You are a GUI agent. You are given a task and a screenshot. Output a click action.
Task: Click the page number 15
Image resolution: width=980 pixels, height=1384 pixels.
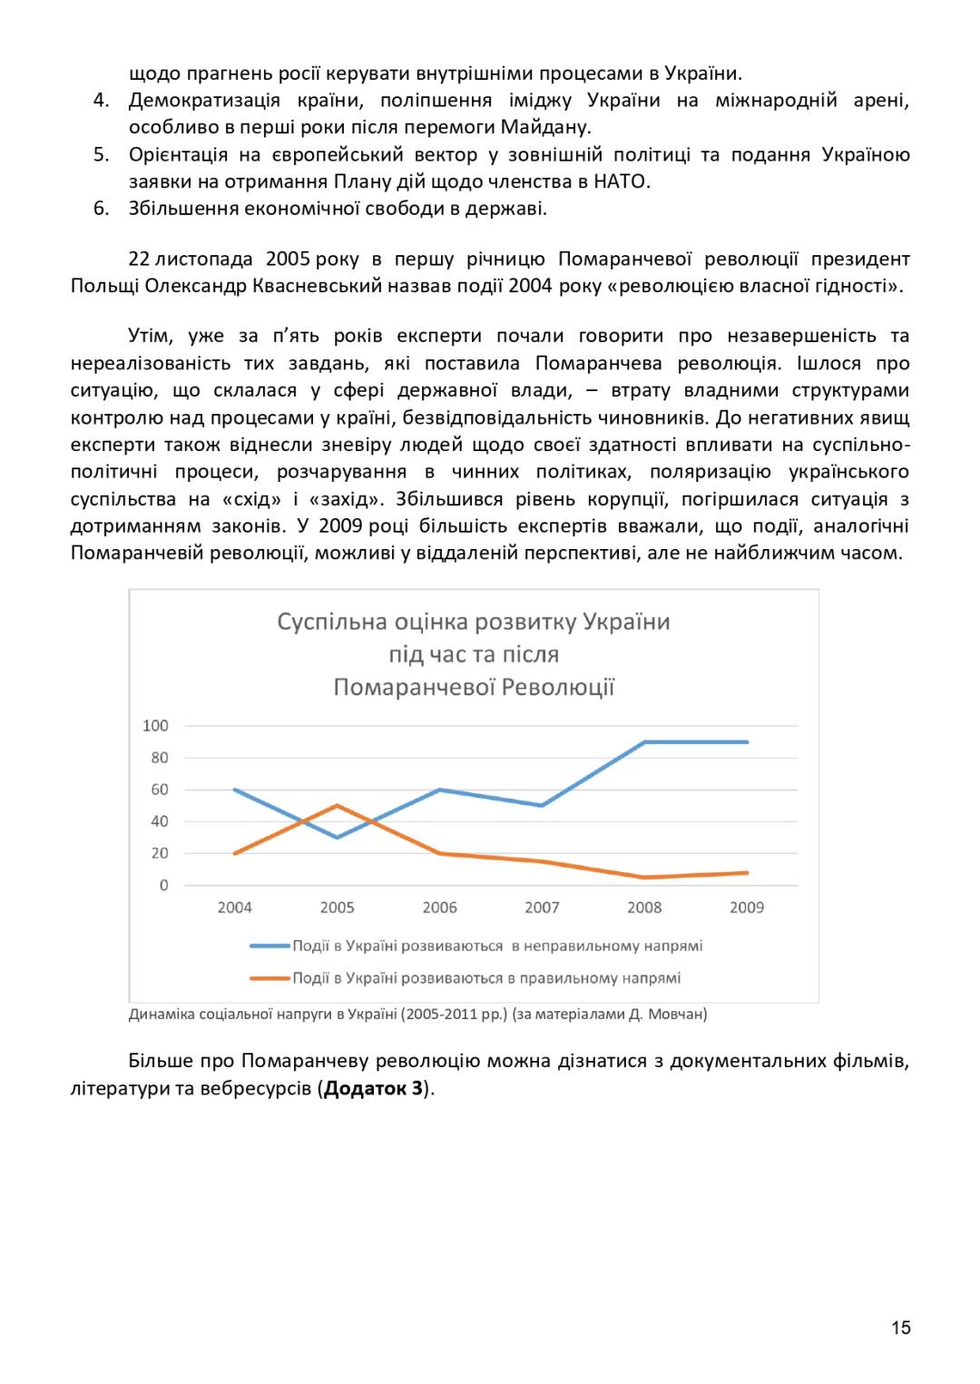click(900, 1328)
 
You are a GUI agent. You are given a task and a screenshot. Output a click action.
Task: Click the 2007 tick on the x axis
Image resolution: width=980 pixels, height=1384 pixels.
click(542, 908)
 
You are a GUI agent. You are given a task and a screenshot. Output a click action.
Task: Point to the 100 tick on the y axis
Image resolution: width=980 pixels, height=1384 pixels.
click(155, 725)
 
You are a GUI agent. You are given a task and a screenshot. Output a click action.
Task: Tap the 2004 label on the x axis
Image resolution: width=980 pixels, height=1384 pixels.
click(234, 908)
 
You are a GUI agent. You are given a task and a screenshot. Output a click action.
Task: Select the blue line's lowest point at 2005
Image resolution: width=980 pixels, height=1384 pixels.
click(338, 837)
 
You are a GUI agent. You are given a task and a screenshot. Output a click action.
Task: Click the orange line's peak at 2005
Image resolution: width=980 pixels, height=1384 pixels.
click(338, 805)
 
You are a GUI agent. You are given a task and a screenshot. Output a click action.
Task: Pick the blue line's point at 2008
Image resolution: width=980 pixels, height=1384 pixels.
click(645, 742)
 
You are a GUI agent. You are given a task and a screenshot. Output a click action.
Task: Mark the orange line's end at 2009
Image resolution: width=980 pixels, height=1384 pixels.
click(747, 872)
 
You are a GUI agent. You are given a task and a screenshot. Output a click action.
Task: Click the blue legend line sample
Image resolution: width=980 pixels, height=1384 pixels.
click(269, 946)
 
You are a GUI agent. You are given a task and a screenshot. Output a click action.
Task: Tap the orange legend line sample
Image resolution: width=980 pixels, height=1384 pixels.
click(269, 978)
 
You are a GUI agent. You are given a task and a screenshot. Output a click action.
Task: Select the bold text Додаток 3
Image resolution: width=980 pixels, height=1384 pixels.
click(373, 1088)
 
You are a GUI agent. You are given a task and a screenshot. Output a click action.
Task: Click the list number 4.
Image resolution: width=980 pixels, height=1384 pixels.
click(101, 100)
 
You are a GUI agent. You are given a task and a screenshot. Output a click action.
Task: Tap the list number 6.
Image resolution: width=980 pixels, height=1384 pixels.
click(101, 209)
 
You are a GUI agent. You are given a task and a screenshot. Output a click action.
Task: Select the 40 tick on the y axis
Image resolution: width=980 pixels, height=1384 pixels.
click(159, 821)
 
